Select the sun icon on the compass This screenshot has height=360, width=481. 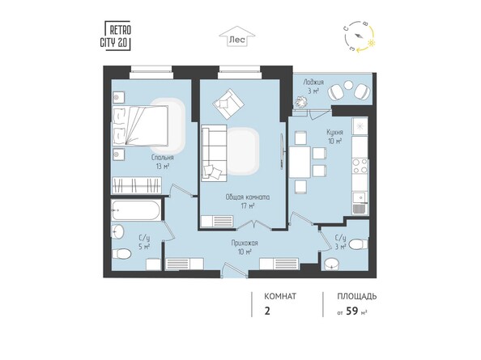(372, 41)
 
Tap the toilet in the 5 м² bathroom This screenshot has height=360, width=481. (122, 255)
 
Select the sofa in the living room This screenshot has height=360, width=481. (215, 151)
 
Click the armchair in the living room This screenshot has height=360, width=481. (228, 103)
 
